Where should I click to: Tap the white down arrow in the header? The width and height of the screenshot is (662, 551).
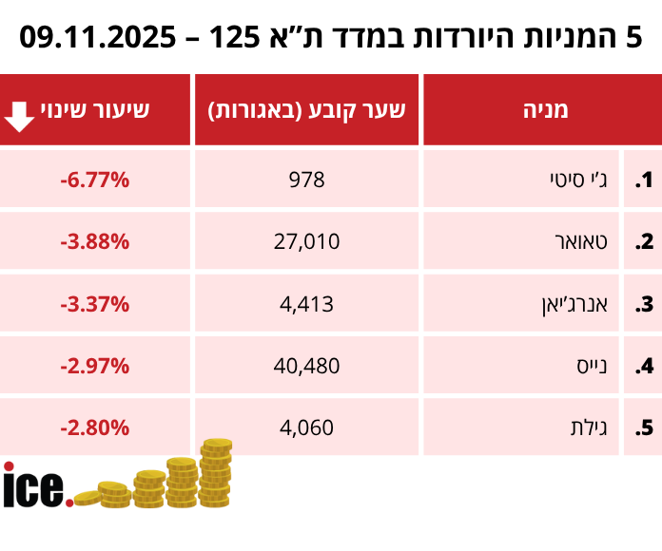pyautogui.click(x=20, y=112)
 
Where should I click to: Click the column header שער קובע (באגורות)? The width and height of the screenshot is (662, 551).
pyautogui.click(x=306, y=109)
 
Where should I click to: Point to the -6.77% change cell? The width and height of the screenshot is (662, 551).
pyautogui.click(x=94, y=180)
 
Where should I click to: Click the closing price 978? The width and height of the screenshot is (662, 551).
pyautogui.click(x=306, y=180)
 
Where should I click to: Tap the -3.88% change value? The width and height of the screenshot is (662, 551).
pyautogui.click(x=94, y=241)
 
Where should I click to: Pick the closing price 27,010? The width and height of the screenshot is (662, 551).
pyautogui.click(x=306, y=241)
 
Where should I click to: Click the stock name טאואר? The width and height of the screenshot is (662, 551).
pyautogui.click(x=581, y=241)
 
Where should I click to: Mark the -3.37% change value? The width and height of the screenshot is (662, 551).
pyautogui.click(x=94, y=304)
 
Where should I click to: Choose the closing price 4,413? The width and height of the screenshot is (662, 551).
pyautogui.click(x=306, y=304)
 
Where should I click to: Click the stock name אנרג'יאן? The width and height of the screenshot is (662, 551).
pyautogui.click(x=573, y=304)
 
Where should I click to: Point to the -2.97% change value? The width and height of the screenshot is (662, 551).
pyautogui.click(x=94, y=366)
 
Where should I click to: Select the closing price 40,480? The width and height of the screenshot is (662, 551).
pyautogui.click(x=306, y=366)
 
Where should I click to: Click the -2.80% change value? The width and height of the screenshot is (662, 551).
pyautogui.click(x=94, y=427)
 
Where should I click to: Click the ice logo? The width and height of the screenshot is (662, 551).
pyautogui.click(x=36, y=486)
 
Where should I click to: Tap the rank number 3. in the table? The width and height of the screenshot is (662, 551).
pyautogui.click(x=645, y=305)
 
